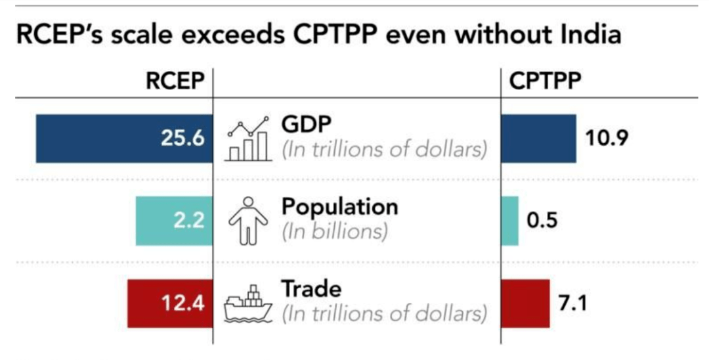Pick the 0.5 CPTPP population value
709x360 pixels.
pyautogui.click(x=542, y=221)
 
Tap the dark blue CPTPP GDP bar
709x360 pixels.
pyautogui.click(x=538, y=139)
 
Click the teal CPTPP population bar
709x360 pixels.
pyautogui.click(x=509, y=221)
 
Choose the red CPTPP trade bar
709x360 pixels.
pyautogui.click(x=525, y=304)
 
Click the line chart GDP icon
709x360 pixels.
pyautogui.click(x=248, y=139)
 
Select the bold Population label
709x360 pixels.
pyautogui.click(x=339, y=206)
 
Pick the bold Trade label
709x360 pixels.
pyautogui.click(x=311, y=289)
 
